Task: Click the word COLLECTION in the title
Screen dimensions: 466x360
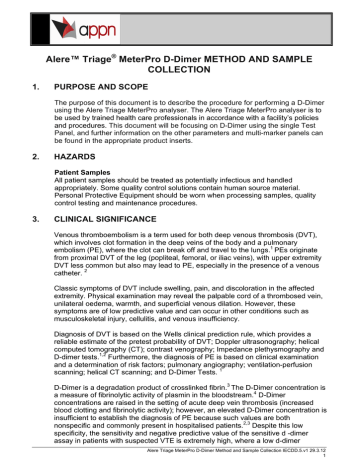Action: pyautogui.click(x=180, y=74)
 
